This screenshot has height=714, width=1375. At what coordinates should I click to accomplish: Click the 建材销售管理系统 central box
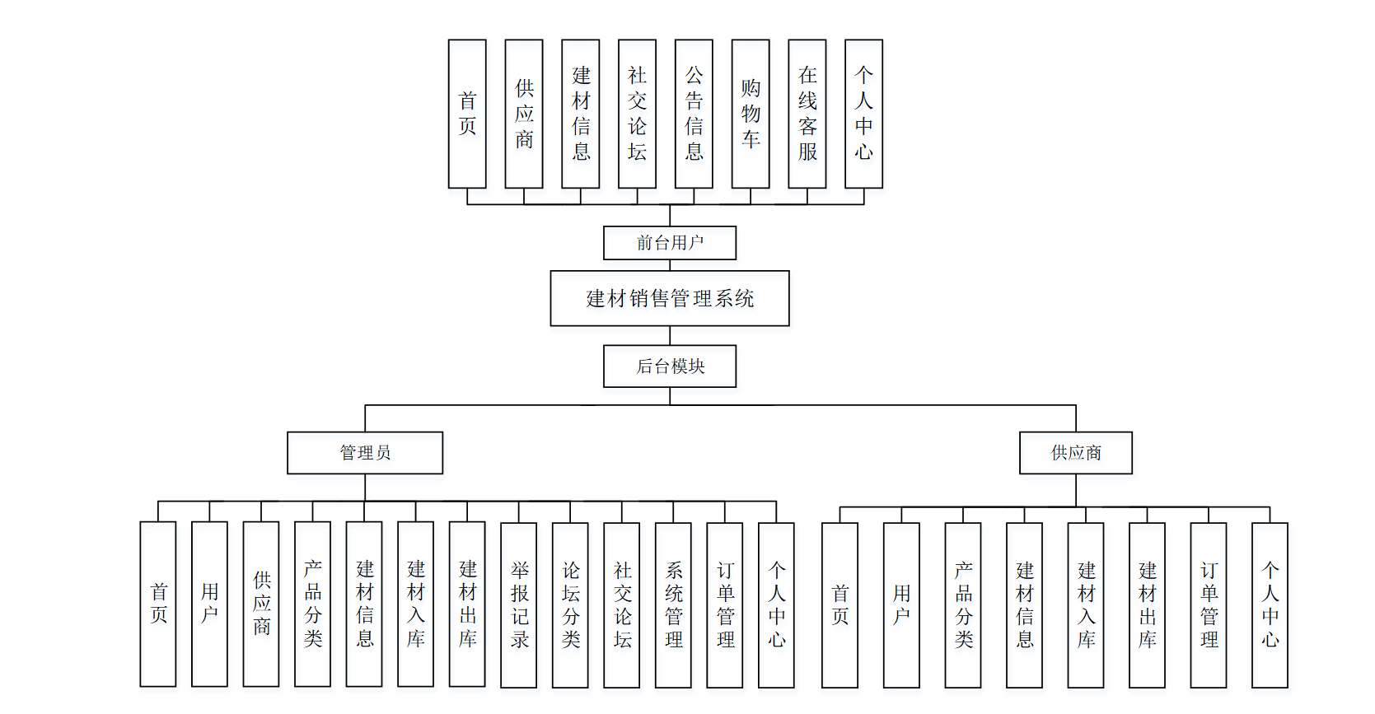(x=670, y=298)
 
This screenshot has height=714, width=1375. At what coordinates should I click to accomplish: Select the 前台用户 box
(x=670, y=243)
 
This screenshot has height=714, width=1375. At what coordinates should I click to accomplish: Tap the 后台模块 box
(x=670, y=366)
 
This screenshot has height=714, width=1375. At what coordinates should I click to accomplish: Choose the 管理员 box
(x=365, y=453)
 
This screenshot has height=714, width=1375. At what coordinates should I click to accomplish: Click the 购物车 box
(x=751, y=114)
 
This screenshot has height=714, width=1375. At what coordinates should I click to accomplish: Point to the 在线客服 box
(x=807, y=114)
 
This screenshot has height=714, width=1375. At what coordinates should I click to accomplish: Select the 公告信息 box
(x=694, y=114)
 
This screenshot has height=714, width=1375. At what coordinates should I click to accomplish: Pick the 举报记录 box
(x=519, y=604)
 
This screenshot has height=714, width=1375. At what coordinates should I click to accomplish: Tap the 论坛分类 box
(x=570, y=604)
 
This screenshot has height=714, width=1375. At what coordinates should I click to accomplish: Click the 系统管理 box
(x=673, y=604)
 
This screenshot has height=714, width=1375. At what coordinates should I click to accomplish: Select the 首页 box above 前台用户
(x=467, y=114)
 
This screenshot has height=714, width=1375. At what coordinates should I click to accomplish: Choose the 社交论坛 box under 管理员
(x=622, y=604)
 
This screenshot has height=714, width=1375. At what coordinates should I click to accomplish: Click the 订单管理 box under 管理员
(x=725, y=604)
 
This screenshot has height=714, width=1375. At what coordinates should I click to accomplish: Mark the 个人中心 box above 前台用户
(x=863, y=114)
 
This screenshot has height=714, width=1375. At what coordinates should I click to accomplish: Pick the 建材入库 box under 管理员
(x=415, y=604)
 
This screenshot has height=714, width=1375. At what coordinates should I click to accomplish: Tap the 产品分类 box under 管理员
(x=312, y=604)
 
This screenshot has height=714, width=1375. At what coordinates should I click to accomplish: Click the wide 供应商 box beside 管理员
(x=1076, y=453)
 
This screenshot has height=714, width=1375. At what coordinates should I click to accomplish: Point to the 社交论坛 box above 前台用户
(x=637, y=114)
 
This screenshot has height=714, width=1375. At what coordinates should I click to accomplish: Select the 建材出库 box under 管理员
(x=467, y=604)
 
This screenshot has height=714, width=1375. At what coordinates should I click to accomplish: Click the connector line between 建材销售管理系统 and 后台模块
(x=670, y=335)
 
